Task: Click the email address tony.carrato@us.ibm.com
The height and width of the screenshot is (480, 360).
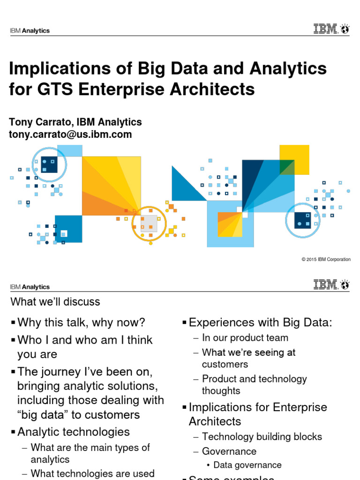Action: click(70, 135)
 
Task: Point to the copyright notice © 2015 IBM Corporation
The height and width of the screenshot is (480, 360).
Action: click(326, 259)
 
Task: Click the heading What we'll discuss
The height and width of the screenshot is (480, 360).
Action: click(55, 301)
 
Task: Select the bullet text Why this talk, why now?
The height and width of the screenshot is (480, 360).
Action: click(81, 322)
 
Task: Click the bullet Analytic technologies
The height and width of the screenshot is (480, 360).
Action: click(74, 431)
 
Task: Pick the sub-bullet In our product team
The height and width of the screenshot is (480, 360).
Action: click(245, 337)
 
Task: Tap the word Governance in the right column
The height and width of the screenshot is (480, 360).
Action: click(229, 451)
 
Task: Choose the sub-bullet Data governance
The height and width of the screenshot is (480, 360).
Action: click(247, 465)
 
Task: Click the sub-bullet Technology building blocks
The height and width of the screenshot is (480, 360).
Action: click(262, 436)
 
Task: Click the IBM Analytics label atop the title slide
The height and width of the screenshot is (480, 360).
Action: click(30, 31)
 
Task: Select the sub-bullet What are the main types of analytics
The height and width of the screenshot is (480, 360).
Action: click(90, 453)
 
